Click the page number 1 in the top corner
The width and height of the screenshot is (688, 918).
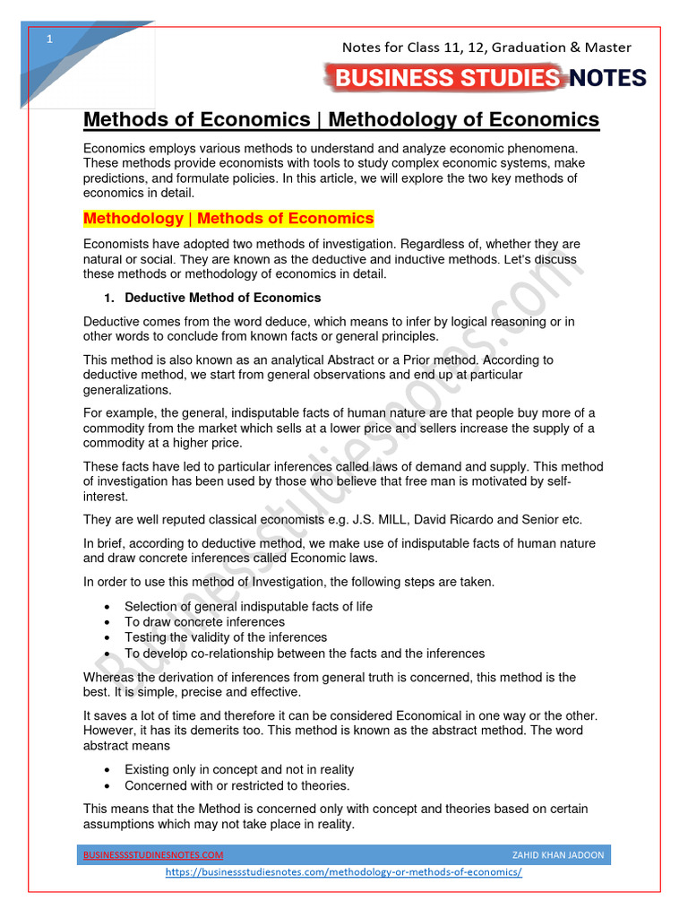coord(49,40)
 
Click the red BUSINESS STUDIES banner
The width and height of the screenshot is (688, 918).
coord(446,78)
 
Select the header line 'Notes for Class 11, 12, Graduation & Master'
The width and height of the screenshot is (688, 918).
coord(487,48)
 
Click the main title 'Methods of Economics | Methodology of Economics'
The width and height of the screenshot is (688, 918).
coord(341,119)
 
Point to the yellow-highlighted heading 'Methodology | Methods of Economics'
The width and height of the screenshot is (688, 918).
coord(228,219)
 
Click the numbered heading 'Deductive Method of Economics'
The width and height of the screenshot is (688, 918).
coord(222,298)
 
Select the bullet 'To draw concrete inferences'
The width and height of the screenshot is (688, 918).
coord(204,622)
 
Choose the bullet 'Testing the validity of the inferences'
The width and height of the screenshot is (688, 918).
coord(226,637)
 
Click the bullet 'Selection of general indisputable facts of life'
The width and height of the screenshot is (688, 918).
coord(248,606)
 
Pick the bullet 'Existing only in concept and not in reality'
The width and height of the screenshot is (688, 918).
coord(239,769)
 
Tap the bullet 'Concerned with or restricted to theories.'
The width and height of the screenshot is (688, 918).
coord(236,785)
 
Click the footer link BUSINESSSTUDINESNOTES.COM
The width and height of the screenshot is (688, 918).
coord(153,855)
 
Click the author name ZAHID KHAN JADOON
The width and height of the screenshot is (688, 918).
coord(557,855)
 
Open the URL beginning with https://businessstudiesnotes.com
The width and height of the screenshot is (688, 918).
coord(344,872)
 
